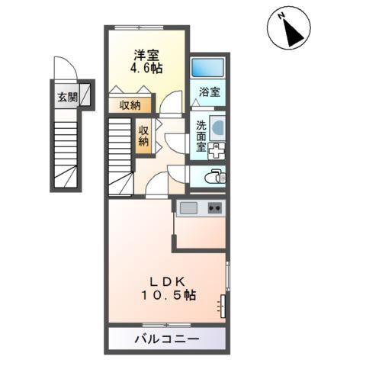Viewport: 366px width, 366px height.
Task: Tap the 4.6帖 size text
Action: tap(147, 67)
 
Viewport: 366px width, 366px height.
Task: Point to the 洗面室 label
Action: tap(200, 136)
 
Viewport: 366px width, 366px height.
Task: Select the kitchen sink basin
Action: tap(189, 207)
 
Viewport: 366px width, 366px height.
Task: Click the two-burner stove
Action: tap(214, 207)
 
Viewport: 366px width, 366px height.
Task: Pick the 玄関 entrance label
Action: tap(66, 97)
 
